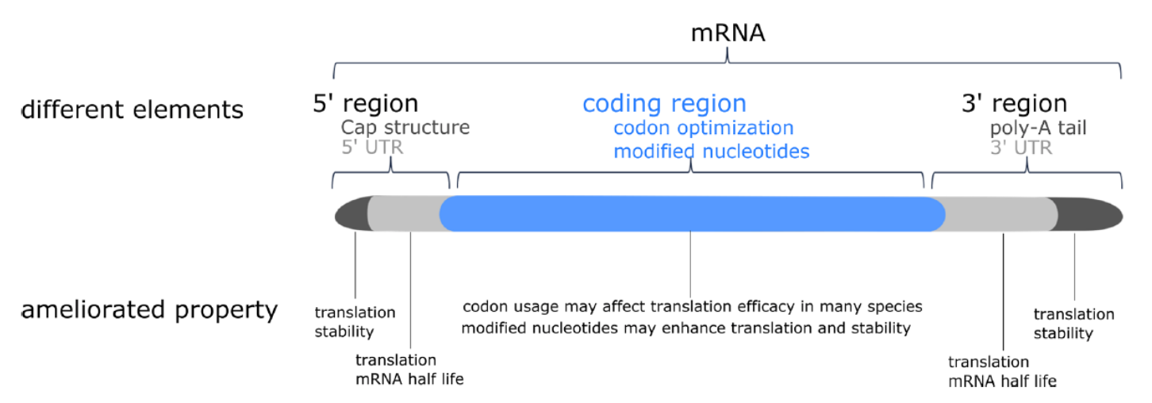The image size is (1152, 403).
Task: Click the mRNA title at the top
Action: tap(728, 33)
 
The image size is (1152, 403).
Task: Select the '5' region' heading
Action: tap(366, 103)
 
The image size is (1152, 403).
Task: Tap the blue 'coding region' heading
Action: tap(664, 105)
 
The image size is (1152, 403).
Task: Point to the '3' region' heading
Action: tap(1014, 103)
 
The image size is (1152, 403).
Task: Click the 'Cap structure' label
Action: tap(405, 128)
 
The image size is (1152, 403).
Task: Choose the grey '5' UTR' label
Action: tap(372, 148)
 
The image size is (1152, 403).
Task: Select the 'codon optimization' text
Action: tap(704, 129)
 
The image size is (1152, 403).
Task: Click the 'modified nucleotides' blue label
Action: tap(711, 152)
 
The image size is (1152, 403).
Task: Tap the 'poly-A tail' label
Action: tap(1038, 128)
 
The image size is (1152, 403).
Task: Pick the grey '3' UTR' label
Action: tap(1021, 148)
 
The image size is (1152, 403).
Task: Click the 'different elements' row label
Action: tap(132, 109)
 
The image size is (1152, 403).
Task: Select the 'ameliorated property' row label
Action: tap(149, 310)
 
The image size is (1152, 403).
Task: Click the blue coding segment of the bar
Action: tap(692, 214)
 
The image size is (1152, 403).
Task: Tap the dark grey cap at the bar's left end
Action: tap(352, 213)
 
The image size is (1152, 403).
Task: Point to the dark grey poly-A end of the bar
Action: tap(1088, 214)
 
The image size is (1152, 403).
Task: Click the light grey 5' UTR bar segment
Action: tap(404, 213)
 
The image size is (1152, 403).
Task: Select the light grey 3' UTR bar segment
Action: tap(1000, 214)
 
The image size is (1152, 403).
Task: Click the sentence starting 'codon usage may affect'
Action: tap(692, 307)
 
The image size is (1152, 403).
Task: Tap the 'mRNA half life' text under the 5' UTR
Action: tap(409, 379)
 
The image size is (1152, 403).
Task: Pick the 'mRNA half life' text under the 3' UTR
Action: tap(1002, 382)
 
